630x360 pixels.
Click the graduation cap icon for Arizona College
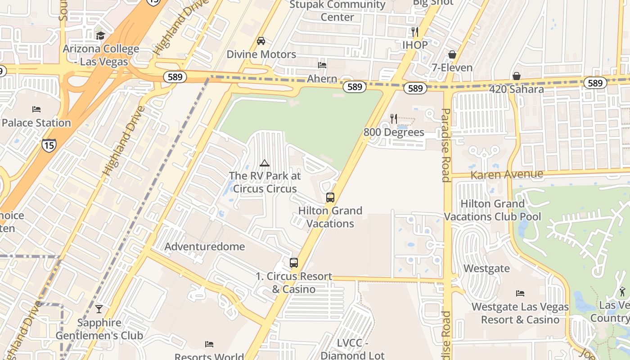tap(100, 36)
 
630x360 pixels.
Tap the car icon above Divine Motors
tap(261, 41)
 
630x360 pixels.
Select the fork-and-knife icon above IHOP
tap(415, 32)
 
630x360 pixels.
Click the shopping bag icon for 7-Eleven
tap(452, 54)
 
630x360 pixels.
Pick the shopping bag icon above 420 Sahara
tap(517, 76)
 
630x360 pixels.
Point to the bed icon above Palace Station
tap(36, 109)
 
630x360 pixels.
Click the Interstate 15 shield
tap(49, 145)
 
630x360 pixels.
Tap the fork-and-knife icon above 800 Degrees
tap(394, 119)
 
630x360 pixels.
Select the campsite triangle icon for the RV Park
tap(264, 163)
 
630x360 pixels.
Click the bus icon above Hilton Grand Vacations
tap(330, 198)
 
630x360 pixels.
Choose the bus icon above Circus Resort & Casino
tap(294, 263)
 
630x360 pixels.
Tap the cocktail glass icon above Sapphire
tap(99, 309)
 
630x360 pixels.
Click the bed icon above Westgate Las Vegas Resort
tap(520, 293)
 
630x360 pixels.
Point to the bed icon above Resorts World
tap(209, 344)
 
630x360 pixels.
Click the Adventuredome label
tap(205, 247)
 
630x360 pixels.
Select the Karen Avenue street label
tap(507, 174)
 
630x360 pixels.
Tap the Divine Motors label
tap(261, 54)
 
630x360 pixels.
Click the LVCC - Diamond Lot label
tap(353, 349)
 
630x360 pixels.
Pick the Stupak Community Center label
tap(337, 11)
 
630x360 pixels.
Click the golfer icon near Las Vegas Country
tap(622, 291)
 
